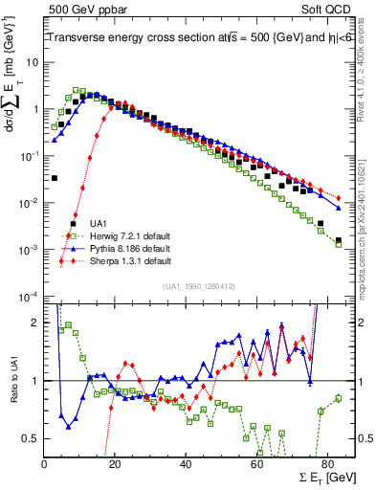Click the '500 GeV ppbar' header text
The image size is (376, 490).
[x=81, y=9]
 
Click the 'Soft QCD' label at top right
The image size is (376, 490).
[x=325, y=9]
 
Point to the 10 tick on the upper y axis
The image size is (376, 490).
[x=33, y=62]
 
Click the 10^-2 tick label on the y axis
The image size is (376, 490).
[x=29, y=203]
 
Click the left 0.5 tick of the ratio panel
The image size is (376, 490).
[x=33, y=438]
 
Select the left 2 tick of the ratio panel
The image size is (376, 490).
[x=36, y=323]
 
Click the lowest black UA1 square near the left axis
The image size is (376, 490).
[x=55, y=178]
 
